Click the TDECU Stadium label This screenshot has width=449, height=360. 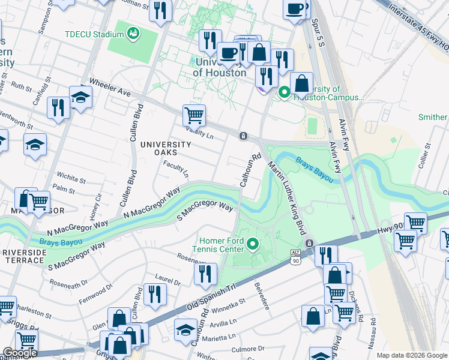pyautogui.click(x=95, y=34)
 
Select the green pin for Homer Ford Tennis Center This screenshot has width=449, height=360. pyautogui.click(x=253, y=244)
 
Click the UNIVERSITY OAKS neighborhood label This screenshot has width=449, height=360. pyautogui.click(x=166, y=149)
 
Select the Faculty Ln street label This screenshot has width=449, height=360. pyautogui.click(x=176, y=172)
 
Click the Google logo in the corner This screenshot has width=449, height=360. pyautogui.click(x=20, y=352)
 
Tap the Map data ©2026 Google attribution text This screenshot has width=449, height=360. pyautogui.click(x=411, y=355)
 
